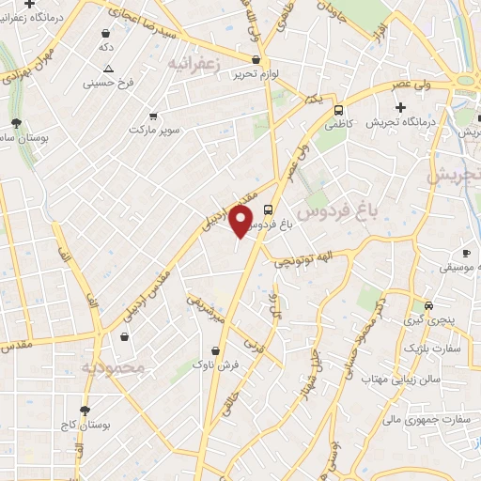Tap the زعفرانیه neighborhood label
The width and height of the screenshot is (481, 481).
tap(194, 62)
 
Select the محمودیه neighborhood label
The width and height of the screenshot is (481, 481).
tap(113, 367)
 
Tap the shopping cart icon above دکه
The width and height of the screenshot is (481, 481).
tap(104, 32)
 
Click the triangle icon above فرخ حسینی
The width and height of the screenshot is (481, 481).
tap(109, 68)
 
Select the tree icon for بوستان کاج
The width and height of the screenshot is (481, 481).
tap(85, 411)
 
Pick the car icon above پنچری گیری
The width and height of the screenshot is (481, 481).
tap(428, 304)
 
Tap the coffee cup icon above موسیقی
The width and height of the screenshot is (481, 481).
tap(466, 252)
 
